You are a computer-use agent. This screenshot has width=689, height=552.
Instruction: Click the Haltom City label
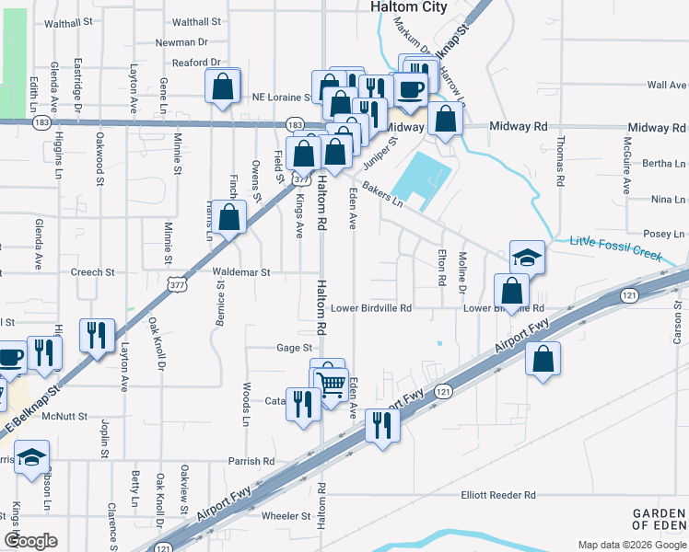408,7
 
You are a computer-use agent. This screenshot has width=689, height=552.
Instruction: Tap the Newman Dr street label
181,42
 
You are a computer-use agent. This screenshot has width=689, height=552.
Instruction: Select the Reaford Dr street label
197,63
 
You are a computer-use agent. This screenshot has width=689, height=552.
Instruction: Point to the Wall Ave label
667,85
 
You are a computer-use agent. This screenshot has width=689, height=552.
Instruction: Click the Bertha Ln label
663,163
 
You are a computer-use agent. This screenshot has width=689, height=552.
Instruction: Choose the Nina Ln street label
668,199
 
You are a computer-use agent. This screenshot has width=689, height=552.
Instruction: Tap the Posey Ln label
664,234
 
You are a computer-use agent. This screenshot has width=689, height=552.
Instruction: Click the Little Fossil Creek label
615,249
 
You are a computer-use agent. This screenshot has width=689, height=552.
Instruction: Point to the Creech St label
92,272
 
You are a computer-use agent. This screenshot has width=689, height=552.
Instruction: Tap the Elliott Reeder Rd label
498,495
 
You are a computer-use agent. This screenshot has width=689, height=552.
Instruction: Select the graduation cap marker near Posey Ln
527,258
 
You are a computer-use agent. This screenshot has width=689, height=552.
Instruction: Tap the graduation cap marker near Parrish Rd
31,456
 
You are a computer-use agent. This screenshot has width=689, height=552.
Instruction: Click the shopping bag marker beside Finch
229,217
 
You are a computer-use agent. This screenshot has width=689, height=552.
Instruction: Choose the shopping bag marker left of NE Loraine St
222,88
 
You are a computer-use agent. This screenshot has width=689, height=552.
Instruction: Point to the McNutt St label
64,416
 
